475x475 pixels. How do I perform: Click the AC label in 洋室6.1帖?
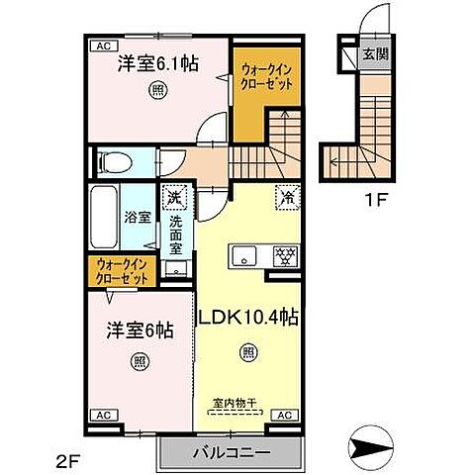click(102, 46)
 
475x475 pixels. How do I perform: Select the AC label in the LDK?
click(282, 415)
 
